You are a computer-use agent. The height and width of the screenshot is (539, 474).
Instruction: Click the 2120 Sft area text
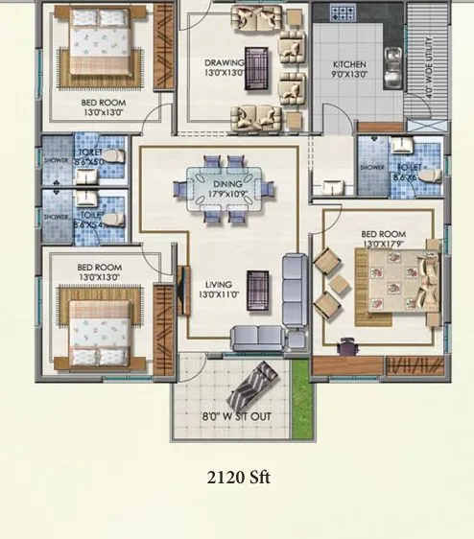click(x=237, y=476)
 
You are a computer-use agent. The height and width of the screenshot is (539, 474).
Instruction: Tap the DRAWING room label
click(x=224, y=62)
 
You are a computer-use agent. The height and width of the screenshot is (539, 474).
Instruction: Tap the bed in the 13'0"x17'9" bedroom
click(x=393, y=280)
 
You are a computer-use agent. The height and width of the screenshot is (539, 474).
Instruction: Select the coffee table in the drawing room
click(x=255, y=67)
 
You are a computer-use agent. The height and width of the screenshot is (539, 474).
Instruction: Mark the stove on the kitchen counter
click(x=342, y=13)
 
